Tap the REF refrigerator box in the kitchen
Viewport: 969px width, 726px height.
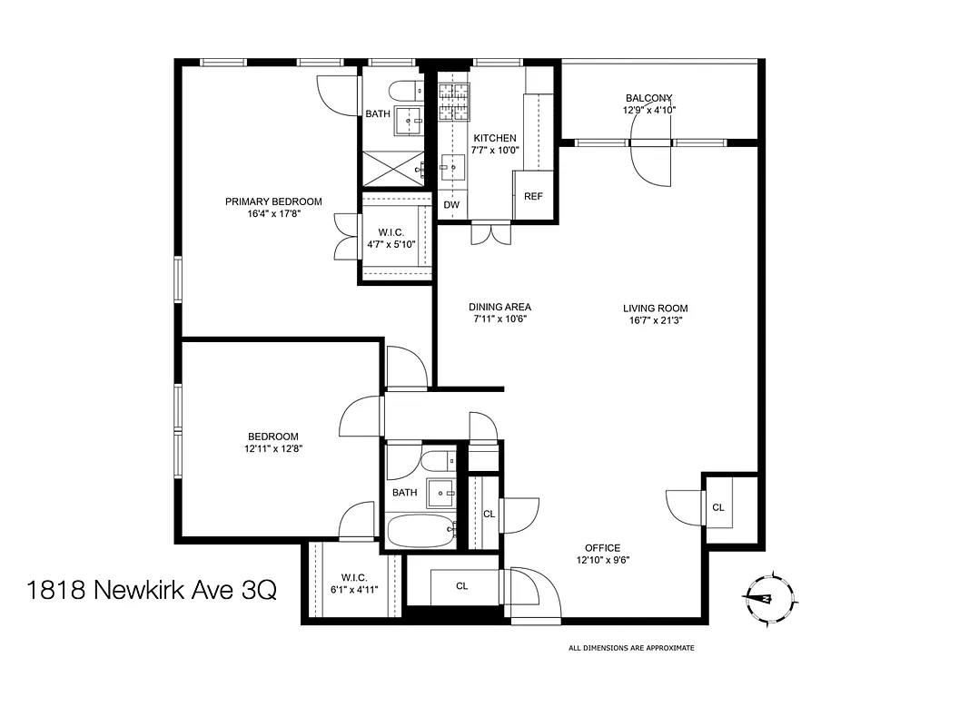coord(533,196)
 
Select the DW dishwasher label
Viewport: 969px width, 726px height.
coord(451,205)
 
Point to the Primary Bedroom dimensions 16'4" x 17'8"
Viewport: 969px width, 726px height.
coord(273,215)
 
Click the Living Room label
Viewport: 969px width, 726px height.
coord(655,308)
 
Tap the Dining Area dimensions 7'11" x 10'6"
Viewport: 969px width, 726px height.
coord(499,319)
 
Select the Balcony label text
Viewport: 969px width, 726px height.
coord(648,98)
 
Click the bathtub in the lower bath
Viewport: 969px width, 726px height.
coord(420,529)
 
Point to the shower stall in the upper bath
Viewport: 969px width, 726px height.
coord(392,167)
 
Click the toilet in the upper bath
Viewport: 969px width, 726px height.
coord(404,90)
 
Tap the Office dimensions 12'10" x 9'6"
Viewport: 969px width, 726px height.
coord(602,560)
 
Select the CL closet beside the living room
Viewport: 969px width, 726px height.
coord(717,507)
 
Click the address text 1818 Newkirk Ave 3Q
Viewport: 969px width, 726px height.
coord(152,592)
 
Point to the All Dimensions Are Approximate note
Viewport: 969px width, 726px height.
coord(631,648)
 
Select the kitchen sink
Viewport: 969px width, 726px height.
coord(452,166)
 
